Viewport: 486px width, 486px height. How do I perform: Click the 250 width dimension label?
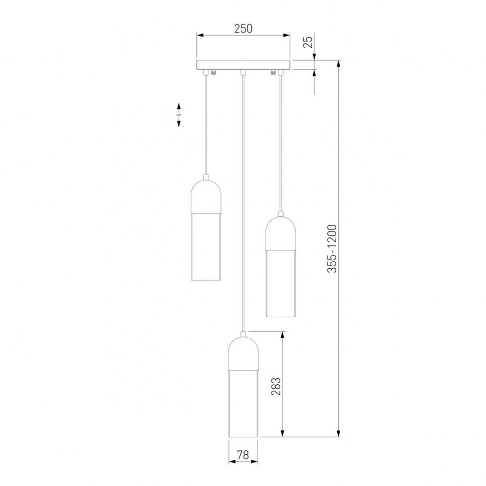pyautogui.click(x=243, y=29)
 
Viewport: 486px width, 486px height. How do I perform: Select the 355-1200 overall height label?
pyautogui.click(x=332, y=249)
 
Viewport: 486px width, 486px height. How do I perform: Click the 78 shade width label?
pyautogui.click(x=243, y=455)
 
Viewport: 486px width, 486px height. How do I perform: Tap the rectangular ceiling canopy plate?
pyautogui.click(x=243, y=65)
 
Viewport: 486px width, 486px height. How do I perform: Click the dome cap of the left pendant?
pyautogui.click(x=206, y=195)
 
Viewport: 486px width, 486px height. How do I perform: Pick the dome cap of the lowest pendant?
pyautogui.click(x=243, y=354)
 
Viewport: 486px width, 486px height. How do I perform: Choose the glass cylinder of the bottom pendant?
pyautogui.click(x=243, y=403)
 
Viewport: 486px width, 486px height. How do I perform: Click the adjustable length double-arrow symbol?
pyautogui.click(x=179, y=115)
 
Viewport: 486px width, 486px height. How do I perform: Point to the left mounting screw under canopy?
pyautogui.click(x=214, y=73)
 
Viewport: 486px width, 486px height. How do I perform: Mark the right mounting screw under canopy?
pyautogui.click(x=273, y=73)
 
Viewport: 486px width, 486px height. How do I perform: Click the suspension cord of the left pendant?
pyautogui.click(x=206, y=125)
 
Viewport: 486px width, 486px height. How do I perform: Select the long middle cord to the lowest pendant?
pyautogui.click(x=243, y=200)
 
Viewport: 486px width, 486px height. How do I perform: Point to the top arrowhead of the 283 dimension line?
pyautogui.click(x=283, y=335)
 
